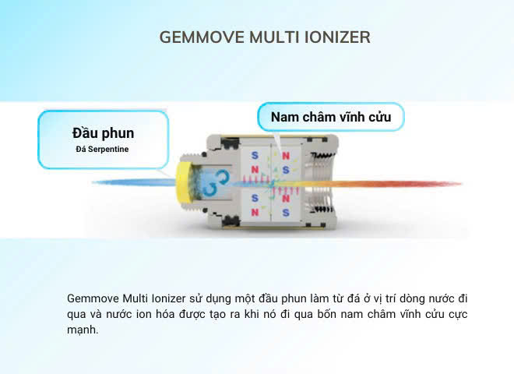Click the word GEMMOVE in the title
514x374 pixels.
pyautogui.click(x=202, y=37)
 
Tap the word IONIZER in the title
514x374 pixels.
pyautogui.click(x=337, y=37)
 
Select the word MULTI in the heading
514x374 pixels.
pyautogui.click(x=274, y=37)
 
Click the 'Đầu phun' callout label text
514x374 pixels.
pyautogui.click(x=104, y=133)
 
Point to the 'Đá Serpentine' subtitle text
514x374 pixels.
pyautogui.click(x=102, y=150)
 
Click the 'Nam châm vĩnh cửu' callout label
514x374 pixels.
pyautogui.click(x=331, y=117)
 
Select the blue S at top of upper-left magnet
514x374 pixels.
pyautogui.click(x=255, y=156)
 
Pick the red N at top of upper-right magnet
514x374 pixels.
pyautogui.click(x=286, y=156)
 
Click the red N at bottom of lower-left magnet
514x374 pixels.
pyautogui.click(x=255, y=212)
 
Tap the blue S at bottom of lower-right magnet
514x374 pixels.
pyautogui.click(x=286, y=213)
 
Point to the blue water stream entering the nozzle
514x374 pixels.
pyautogui.click(x=135, y=182)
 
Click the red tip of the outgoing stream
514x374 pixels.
pyautogui.click(x=449, y=184)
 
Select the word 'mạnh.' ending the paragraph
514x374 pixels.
pyautogui.click(x=83, y=330)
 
